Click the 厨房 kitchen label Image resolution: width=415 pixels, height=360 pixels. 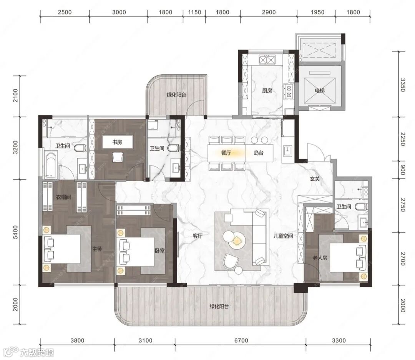[267, 91]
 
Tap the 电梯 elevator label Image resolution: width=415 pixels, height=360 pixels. [319, 91]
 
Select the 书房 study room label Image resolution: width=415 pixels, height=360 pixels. [117, 142]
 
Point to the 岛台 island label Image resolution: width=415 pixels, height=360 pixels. [259, 153]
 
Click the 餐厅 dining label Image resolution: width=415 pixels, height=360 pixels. [226, 153]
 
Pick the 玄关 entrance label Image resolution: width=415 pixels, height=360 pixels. [315, 179]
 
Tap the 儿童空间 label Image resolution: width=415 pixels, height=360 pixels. [283, 236]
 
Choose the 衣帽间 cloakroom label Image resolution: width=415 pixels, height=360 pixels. [63, 197]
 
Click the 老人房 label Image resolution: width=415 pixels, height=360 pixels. [320, 257]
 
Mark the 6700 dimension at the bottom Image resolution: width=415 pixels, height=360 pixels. [241, 340]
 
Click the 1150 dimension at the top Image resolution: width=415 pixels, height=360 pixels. [194, 12]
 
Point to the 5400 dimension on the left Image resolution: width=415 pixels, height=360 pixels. [16, 232]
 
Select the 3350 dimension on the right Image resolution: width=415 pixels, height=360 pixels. [402, 85]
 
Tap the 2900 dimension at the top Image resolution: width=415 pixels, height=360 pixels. [269, 12]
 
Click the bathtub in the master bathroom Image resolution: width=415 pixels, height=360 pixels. [51, 165]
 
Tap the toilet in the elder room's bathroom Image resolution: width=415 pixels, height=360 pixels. [361, 206]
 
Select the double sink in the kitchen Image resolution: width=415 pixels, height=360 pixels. [267, 60]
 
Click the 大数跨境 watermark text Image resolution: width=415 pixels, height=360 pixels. [36, 353]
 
